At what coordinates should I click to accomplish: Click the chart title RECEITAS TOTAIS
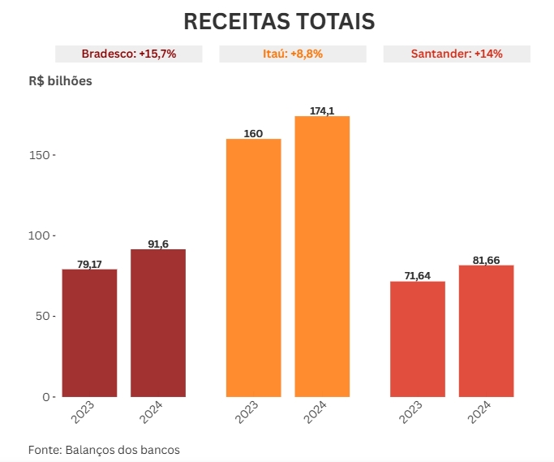[x=279, y=22]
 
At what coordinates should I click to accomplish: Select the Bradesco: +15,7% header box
[x=129, y=54]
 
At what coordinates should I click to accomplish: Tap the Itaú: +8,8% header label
[x=293, y=54]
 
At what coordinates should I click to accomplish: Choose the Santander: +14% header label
[x=457, y=54]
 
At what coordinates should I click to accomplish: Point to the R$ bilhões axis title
[x=60, y=81]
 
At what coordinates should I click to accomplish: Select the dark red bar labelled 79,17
[x=89, y=333]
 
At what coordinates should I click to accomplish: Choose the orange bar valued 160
[x=253, y=268]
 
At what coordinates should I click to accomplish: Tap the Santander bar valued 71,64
[x=418, y=339]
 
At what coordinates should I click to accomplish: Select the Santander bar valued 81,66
[x=486, y=331]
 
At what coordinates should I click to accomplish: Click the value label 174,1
[x=322, y=110]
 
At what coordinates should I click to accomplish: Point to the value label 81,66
[x=486, y=260]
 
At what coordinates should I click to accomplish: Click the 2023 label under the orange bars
[x=247, y=412]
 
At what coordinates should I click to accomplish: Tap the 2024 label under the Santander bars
[x=479, y=412]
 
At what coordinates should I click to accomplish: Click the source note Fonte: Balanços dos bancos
[x=104, y=449]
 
